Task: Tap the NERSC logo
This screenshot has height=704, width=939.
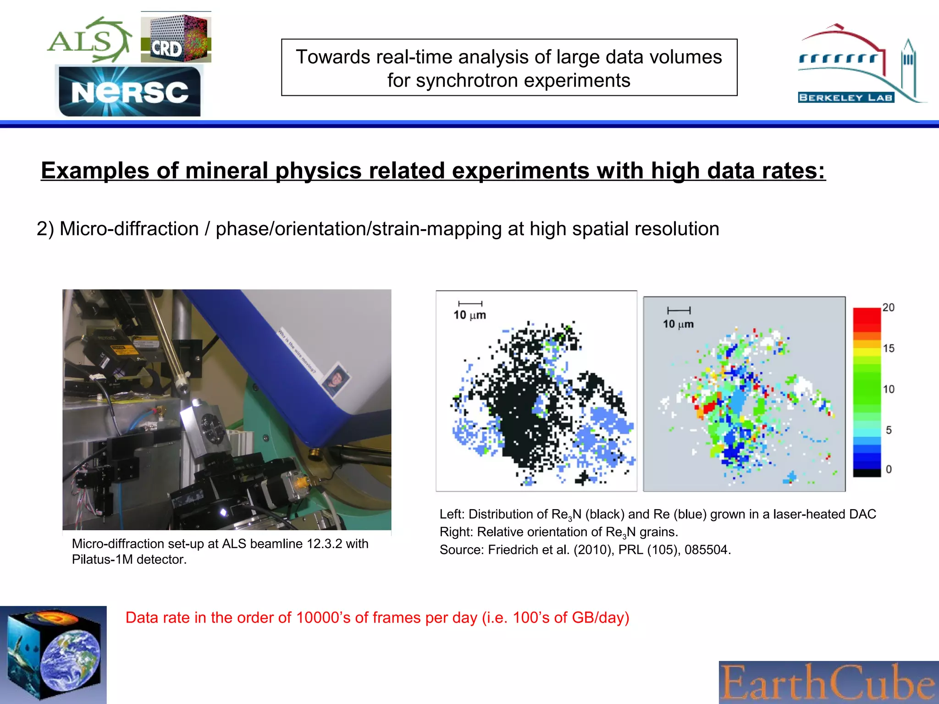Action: (130, 92)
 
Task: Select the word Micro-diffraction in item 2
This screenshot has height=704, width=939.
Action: (129, 229)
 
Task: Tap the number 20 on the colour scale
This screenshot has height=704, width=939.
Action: (888, 308)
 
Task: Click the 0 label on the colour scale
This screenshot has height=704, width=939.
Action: (889, 469)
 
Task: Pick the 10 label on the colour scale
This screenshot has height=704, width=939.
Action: (889, 389)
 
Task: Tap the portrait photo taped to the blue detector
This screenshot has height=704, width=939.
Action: (337, 378)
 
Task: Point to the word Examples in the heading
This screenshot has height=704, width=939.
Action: (95, 170)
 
